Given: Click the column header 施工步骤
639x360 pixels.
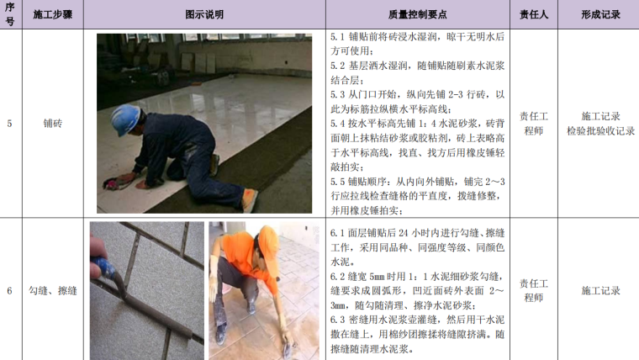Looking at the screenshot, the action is (53, 14).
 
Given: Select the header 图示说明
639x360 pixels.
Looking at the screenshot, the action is (204, 14).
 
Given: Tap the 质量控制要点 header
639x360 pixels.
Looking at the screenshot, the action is (417, 14).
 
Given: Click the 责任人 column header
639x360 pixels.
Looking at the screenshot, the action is (533, 14).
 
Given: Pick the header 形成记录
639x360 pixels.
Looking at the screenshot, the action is (600, 14).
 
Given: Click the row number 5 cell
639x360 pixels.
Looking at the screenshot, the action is (9, 124).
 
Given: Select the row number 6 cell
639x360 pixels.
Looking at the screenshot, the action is (9, 291).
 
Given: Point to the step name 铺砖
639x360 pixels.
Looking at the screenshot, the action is (53, 123).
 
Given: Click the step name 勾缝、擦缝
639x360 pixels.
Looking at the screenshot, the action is (53, 291).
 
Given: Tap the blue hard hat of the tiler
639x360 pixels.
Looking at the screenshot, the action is (125, 119).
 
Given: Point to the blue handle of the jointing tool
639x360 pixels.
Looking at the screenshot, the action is (103, 267).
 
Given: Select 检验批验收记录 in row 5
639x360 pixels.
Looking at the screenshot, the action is (600, 131).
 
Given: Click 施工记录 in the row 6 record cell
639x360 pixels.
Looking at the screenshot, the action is (600, 291).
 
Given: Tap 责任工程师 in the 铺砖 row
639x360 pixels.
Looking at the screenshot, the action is (533, 124).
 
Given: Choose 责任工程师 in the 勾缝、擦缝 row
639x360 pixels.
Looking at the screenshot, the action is (533, 291).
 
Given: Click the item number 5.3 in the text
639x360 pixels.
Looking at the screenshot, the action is (337, 95).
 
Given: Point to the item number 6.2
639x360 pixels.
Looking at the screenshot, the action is (337, 277).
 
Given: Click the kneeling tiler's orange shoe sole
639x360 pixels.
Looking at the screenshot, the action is (249, 200).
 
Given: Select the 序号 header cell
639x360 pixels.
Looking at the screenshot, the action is (10, 14).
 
